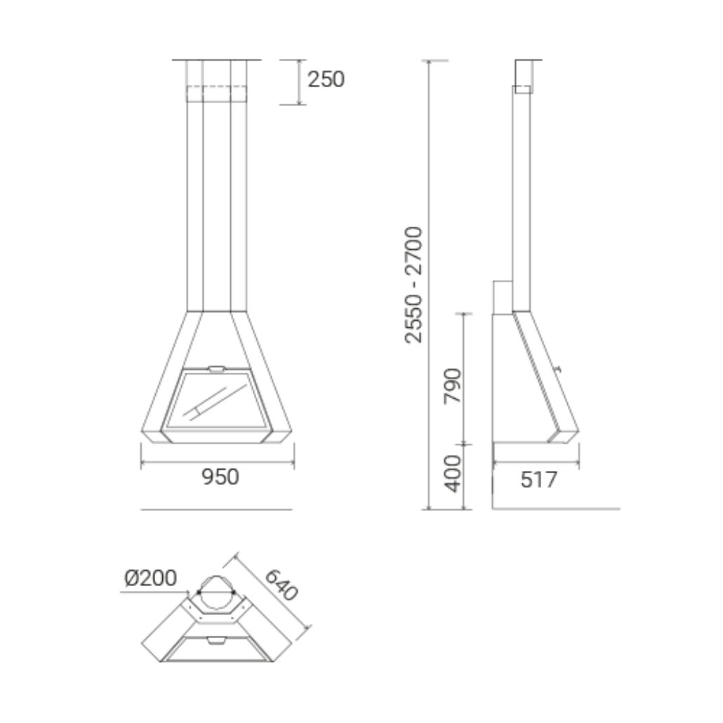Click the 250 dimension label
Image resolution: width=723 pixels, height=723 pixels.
[326, 80]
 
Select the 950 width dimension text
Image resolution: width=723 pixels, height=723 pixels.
[220, 477]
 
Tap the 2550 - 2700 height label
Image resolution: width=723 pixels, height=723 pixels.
[415, 284]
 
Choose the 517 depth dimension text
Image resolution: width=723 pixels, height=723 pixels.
[538, 480]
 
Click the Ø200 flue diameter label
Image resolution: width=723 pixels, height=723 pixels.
[150, 578]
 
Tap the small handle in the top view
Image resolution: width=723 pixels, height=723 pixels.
[216, 639]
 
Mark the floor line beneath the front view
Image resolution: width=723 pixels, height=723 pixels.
[216, 509]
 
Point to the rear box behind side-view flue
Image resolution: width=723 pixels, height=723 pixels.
[502, 296]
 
